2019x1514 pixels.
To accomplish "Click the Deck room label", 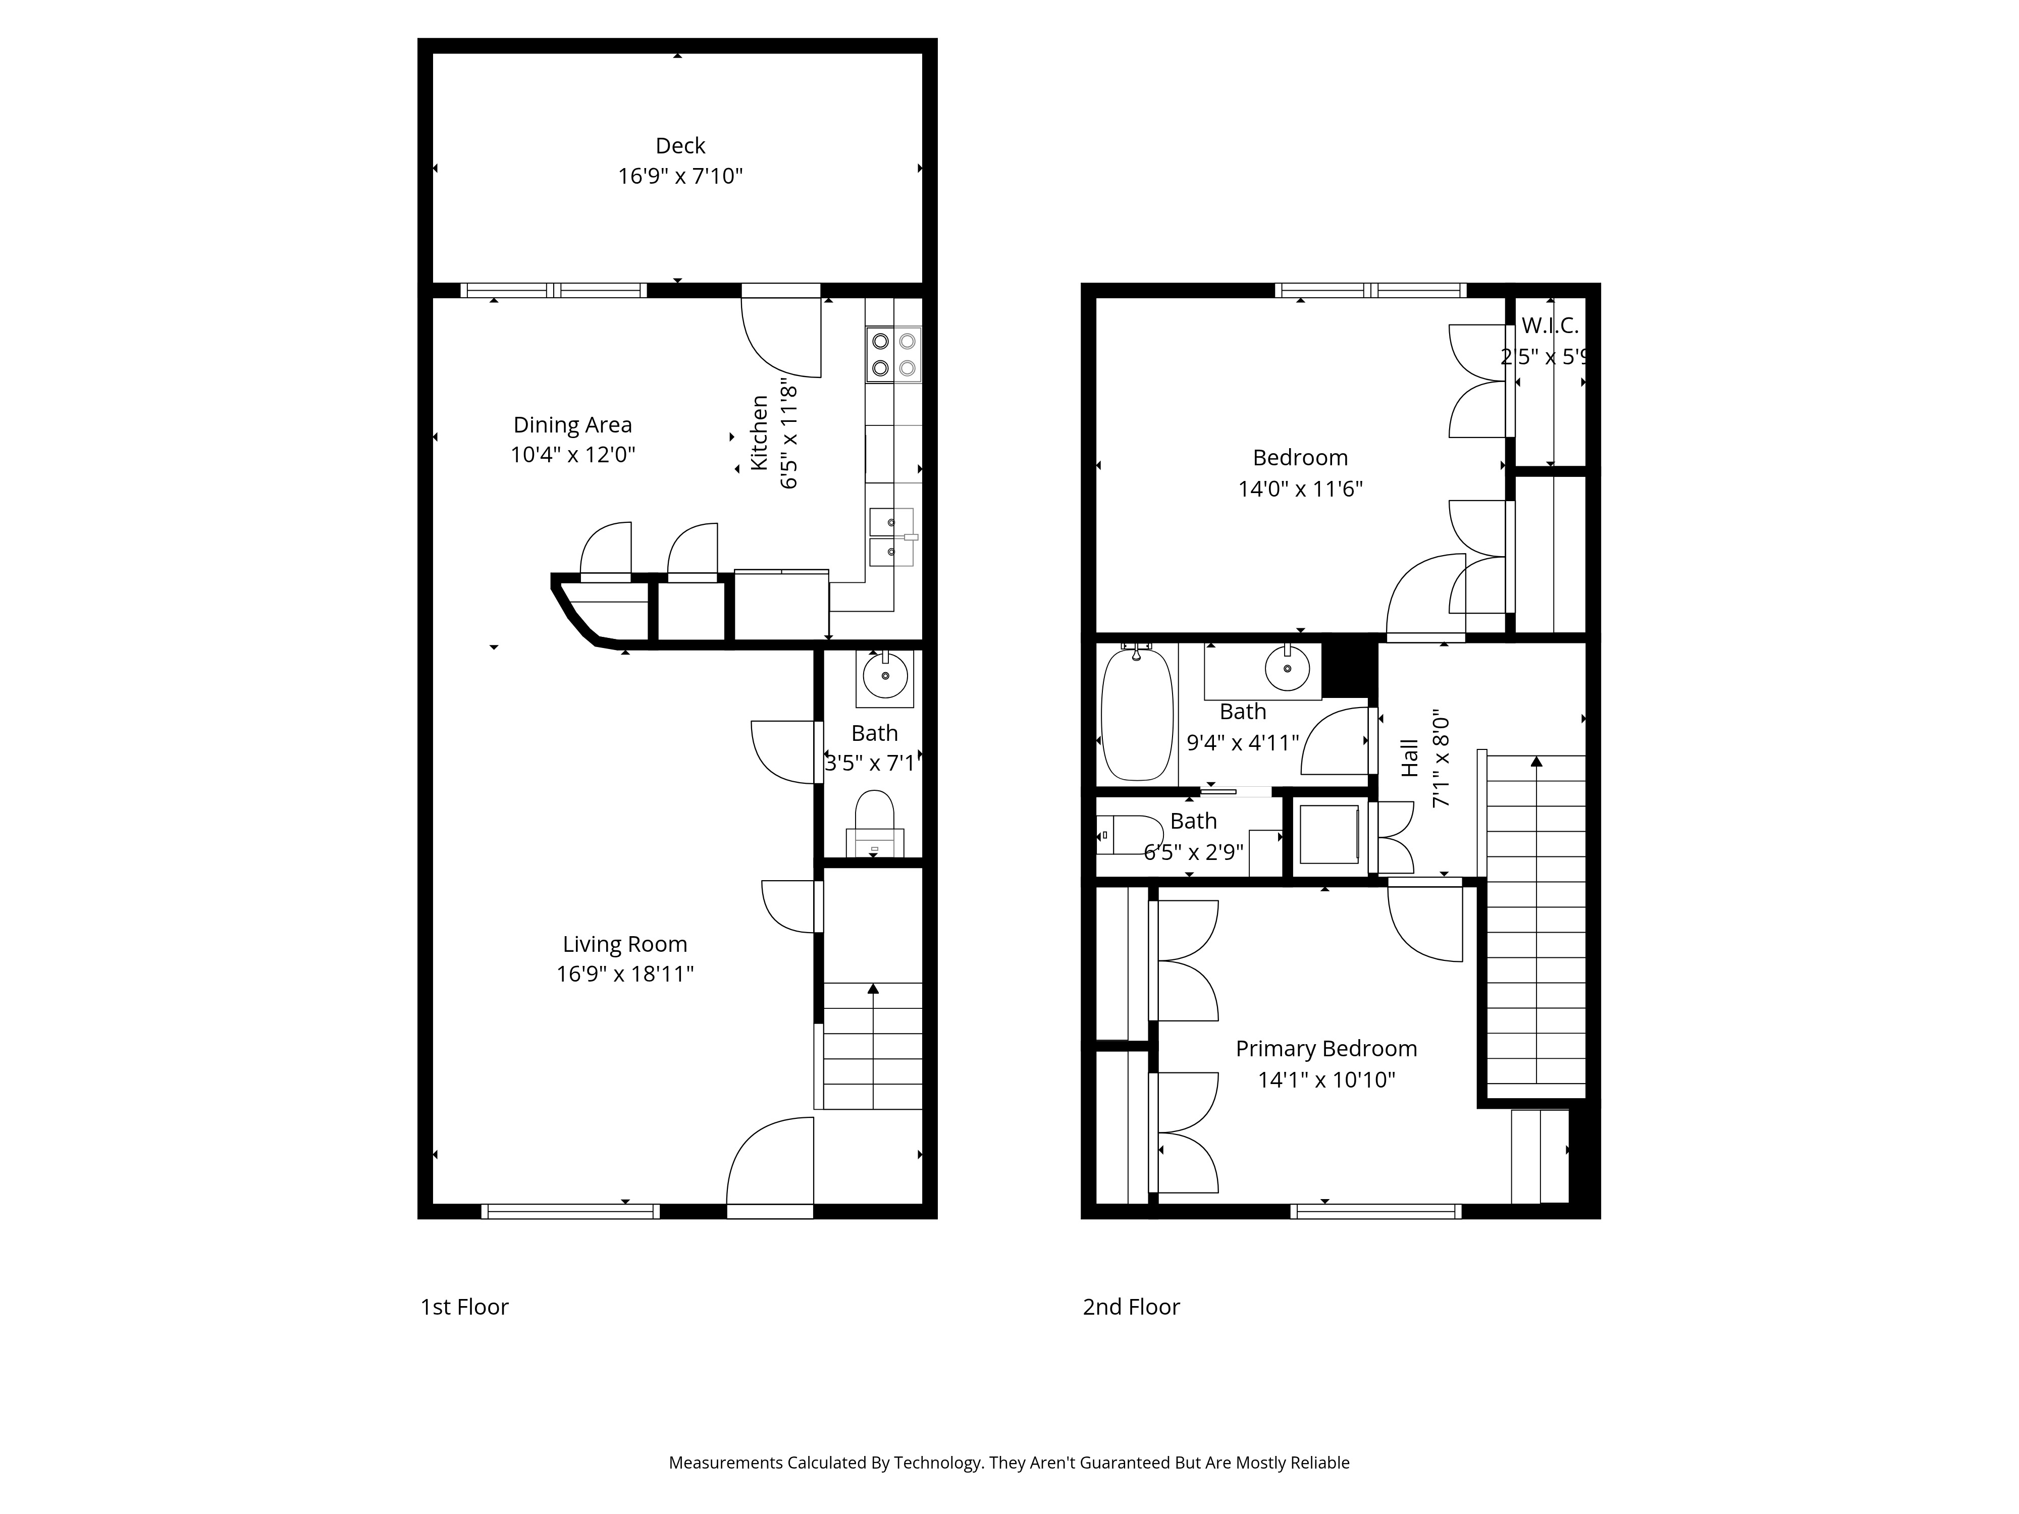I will (x=680, y=146).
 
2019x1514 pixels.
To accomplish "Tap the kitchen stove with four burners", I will (x=893, y=355).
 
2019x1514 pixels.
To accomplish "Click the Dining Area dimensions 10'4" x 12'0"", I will (x=572, y=455).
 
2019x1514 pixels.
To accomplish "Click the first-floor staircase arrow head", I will (x=874, y=988).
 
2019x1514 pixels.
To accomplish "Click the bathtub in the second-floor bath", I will (x=1136, y=714).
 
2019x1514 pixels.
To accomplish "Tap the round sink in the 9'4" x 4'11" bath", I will (x=1287, y=670).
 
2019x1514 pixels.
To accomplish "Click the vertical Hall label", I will (x=1410, y=759).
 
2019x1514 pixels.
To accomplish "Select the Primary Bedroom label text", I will (x=1326, y=1049).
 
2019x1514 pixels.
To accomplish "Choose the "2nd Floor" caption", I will (x=1131, y=1307).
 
